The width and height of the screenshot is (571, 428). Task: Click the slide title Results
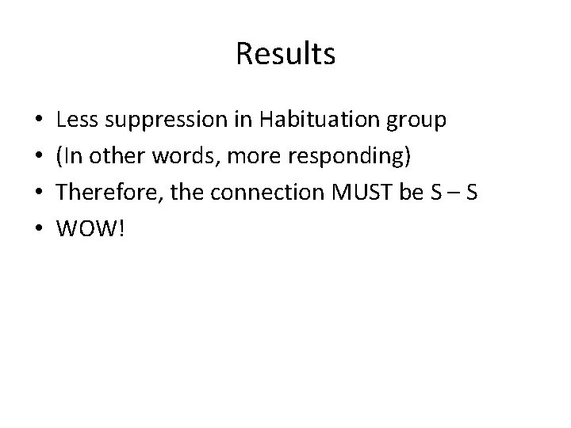pos(285,55)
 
